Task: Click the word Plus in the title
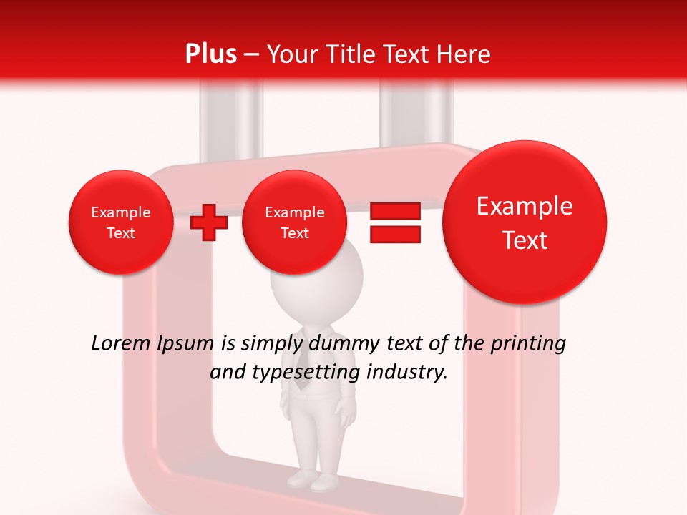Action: pos(210,54)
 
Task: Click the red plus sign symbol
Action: pos(209,222)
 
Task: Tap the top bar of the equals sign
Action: pos(395,212)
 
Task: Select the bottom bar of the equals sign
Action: pos(395,234)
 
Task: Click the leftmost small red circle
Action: pos(121,222)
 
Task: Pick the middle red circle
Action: pos(294,222)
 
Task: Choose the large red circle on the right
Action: pos(525,222)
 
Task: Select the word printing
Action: pos(528,344)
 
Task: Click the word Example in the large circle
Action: pos(525,207)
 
